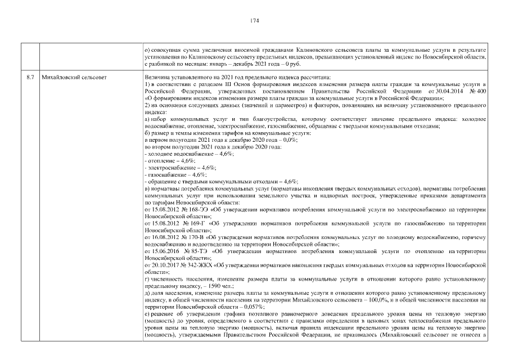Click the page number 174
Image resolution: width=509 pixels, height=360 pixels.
pyautogui.click(x=254, y=21)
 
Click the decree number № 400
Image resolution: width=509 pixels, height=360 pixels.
pyautogui.click(x=477, y=91)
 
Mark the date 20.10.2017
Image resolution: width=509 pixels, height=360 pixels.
pyautogui.click(x=165, y=264)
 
